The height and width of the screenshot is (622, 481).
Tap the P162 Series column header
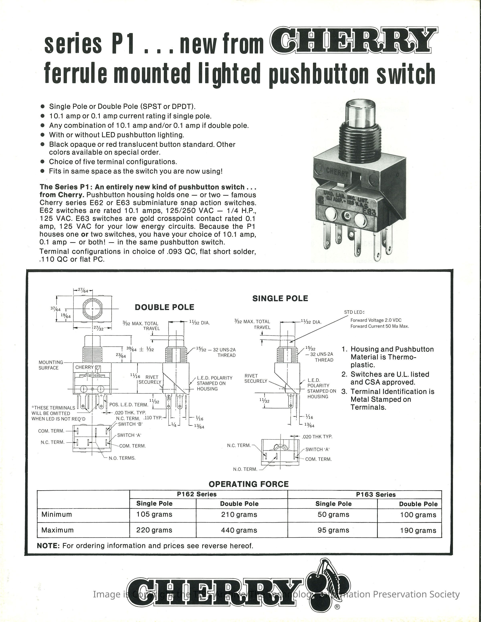point(197,494)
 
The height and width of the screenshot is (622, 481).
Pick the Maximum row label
point(58,530)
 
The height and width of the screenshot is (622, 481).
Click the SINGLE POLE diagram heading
point(280,298)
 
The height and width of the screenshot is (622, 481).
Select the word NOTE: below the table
point(48,546)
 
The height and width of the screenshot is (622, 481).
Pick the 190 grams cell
point(418,530)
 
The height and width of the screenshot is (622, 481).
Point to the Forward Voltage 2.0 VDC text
point(376,320)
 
